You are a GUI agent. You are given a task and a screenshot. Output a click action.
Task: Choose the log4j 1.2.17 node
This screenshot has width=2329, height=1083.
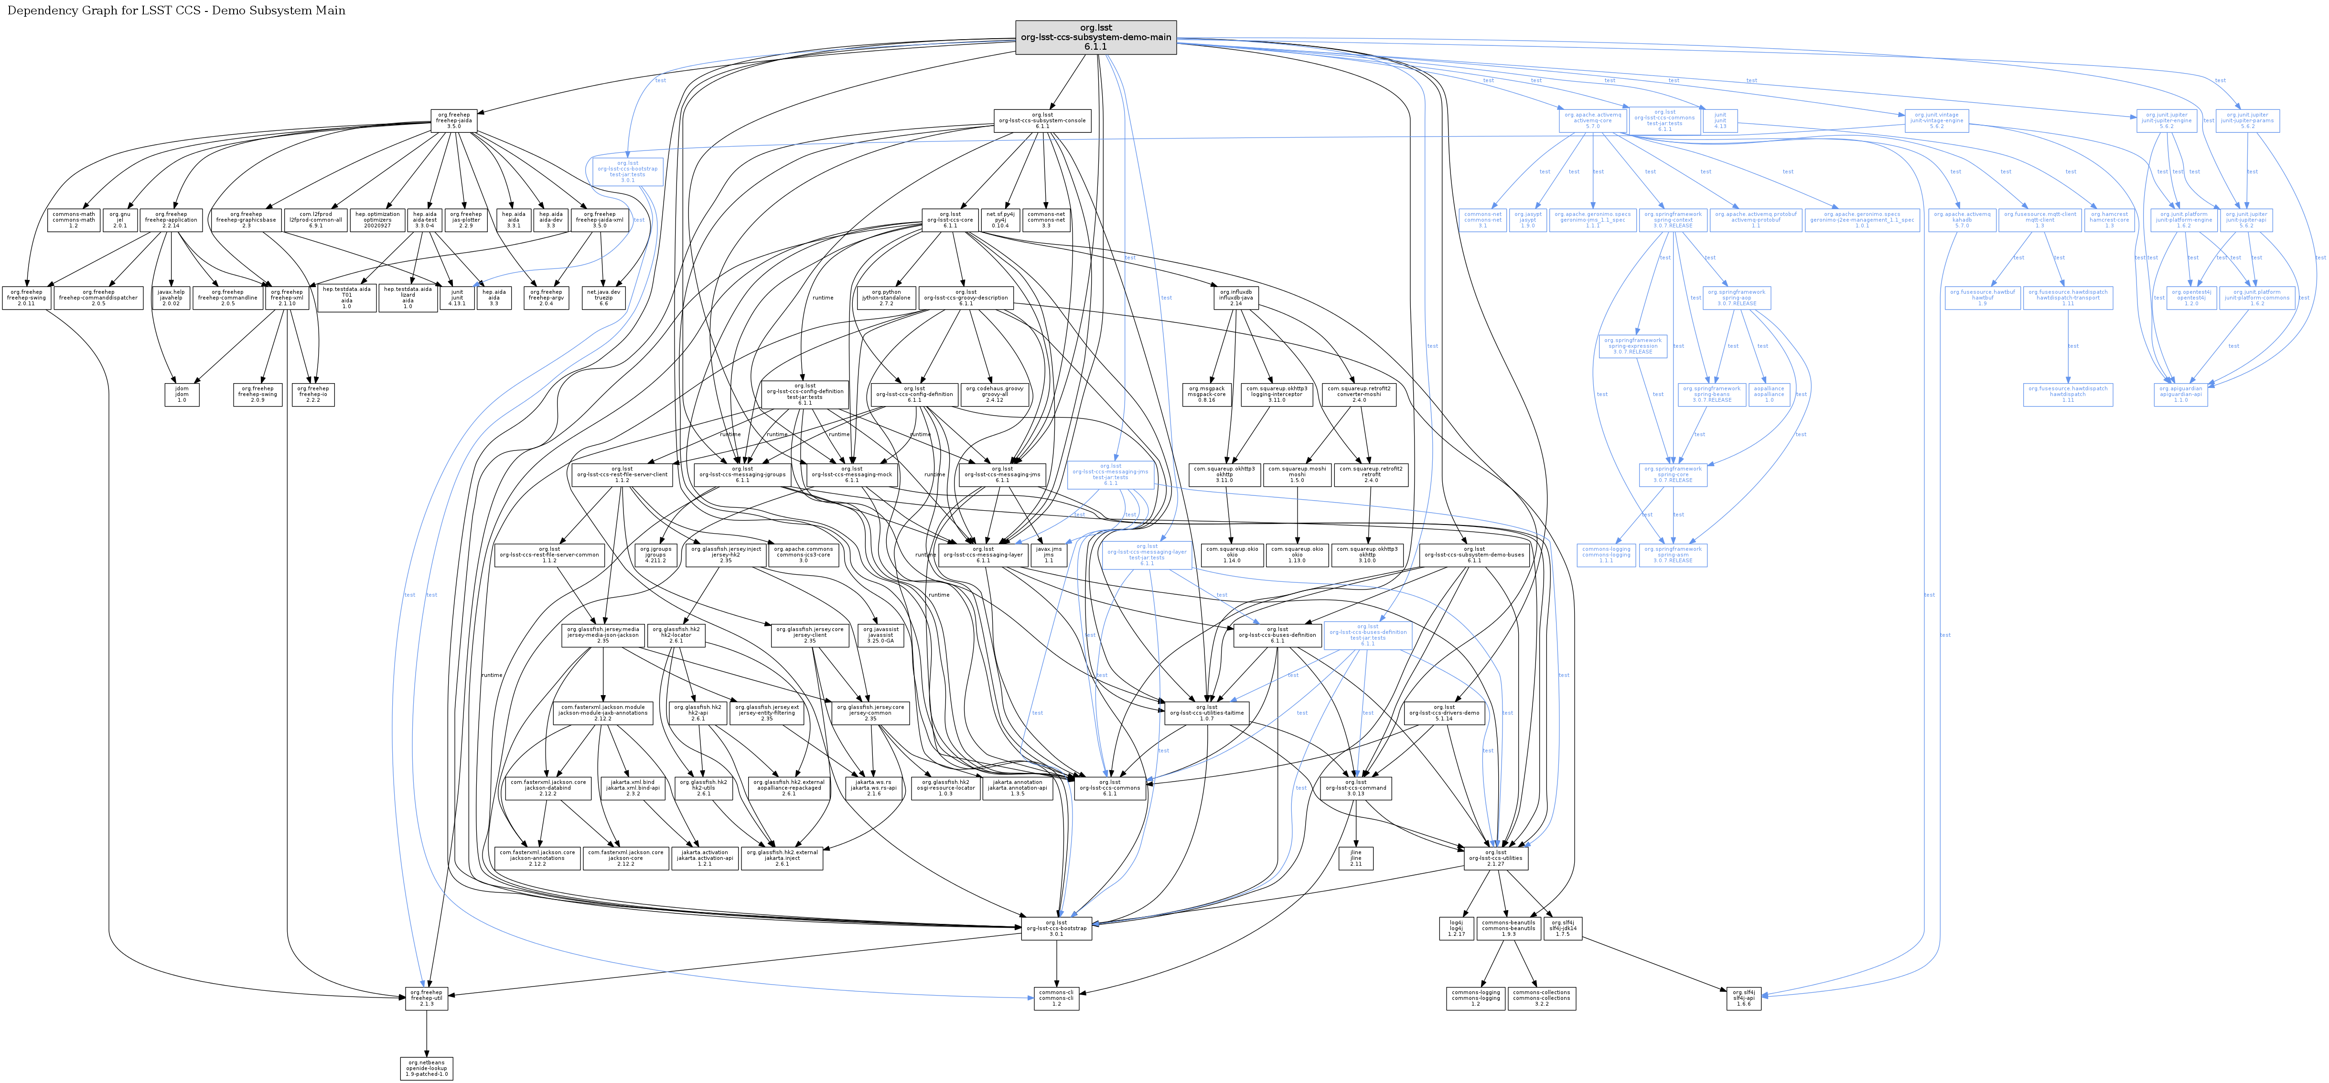click(x=1456, y=928)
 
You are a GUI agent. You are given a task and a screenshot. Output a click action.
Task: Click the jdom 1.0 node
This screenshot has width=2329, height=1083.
click(x=182, y=394)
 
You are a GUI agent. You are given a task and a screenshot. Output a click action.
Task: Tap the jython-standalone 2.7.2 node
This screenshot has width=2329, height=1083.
click(x=886, y=298)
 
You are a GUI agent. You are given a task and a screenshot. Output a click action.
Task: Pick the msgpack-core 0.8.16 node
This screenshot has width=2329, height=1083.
click(x=1206, y=394)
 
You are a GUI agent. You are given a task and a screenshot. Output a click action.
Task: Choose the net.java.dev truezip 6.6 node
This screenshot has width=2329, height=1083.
click(x=603, y=298)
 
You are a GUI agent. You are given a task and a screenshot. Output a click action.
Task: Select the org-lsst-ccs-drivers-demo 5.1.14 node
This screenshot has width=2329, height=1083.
click(x=1444, y=712)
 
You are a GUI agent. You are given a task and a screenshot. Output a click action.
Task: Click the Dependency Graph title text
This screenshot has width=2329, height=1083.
click(x=176, y=11)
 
